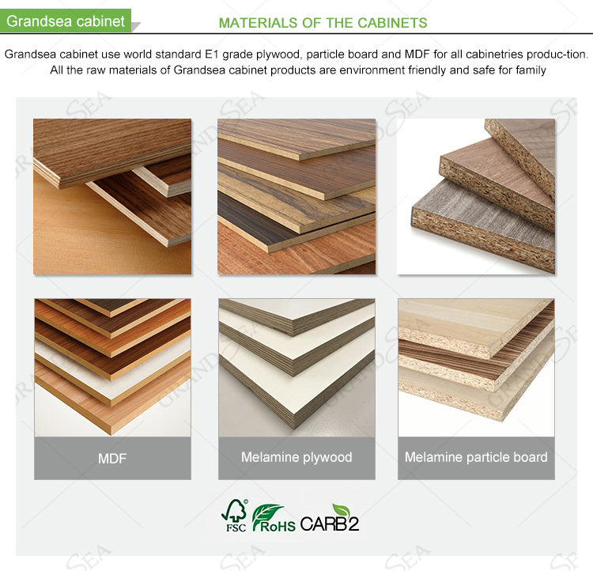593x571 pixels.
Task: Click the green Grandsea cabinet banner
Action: coord(66,21)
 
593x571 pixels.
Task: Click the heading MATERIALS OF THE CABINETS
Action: coord(323,23)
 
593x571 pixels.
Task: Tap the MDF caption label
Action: coord(112,458)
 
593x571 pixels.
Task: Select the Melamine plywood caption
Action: coord(296,457)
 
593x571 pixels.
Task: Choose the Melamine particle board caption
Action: coord(476,457)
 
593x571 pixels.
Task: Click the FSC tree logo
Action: coord(235,516)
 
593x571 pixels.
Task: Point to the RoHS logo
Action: coord(274,519)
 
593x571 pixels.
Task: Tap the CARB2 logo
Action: coord(330,522)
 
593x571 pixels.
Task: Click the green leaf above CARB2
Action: coord(341,509)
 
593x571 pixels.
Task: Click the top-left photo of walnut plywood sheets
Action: coord(112,197)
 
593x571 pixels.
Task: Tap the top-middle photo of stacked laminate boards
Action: coord(296,197)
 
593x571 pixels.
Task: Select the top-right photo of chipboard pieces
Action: coord(476,197)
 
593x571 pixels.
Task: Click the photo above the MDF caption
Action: coord(112,367)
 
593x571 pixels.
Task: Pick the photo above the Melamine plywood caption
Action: coord(296,367)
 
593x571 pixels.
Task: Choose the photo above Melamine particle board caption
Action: coord(476,367)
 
